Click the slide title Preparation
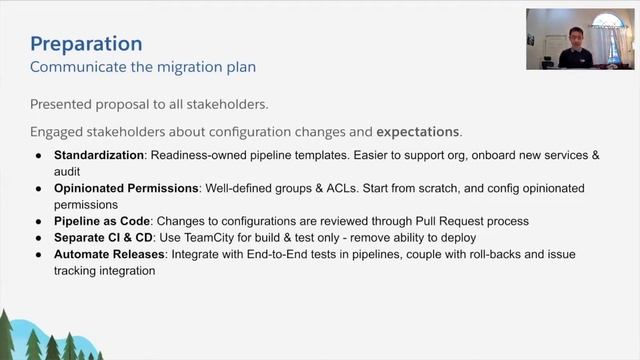point(86,44)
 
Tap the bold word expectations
point(418,131)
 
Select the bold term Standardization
point(98,157)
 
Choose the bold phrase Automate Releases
point(110,255)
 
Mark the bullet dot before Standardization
point(38,157)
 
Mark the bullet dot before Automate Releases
point(38,255)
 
